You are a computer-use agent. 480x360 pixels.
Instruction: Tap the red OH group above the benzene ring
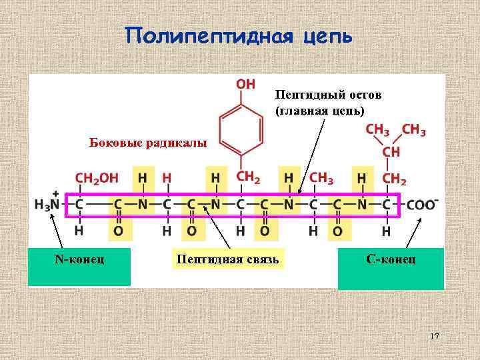click(x=245, y=84)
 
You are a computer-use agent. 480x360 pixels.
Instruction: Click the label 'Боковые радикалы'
click(x=149, y=143)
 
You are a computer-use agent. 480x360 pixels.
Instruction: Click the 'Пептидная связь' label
click(x=227, y=259)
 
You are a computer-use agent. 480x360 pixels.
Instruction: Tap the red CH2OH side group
click(x=97, y=179)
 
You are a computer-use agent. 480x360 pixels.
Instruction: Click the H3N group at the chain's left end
click(x=47, y=205)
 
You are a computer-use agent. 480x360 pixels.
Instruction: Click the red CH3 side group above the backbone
click(x=321, y=179)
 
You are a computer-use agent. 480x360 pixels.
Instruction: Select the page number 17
click(x=434, y=337)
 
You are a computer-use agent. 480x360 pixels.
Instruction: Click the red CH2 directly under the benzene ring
click(x=249, y=177)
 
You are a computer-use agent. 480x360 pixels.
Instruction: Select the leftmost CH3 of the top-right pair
click(x=377, y=130)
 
